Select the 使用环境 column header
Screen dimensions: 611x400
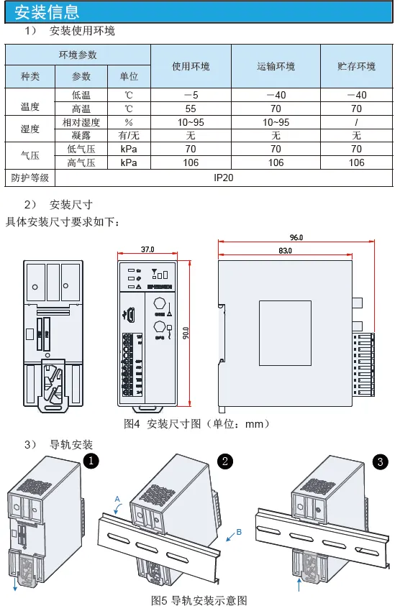[191, 66]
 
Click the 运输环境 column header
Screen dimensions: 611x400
[276, 66]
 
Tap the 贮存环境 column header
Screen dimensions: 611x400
[356, 66]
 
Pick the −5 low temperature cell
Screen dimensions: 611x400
[191, 95]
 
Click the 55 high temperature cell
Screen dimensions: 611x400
[191, 109]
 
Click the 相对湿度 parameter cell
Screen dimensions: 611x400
[81, 122]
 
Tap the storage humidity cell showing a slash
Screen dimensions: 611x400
[356, 122]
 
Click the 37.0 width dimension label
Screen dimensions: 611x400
[147, 249]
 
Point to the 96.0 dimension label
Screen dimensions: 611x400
[296, 236]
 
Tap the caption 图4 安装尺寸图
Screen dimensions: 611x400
[197, 424]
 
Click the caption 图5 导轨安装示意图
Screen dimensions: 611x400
[199, 599]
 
